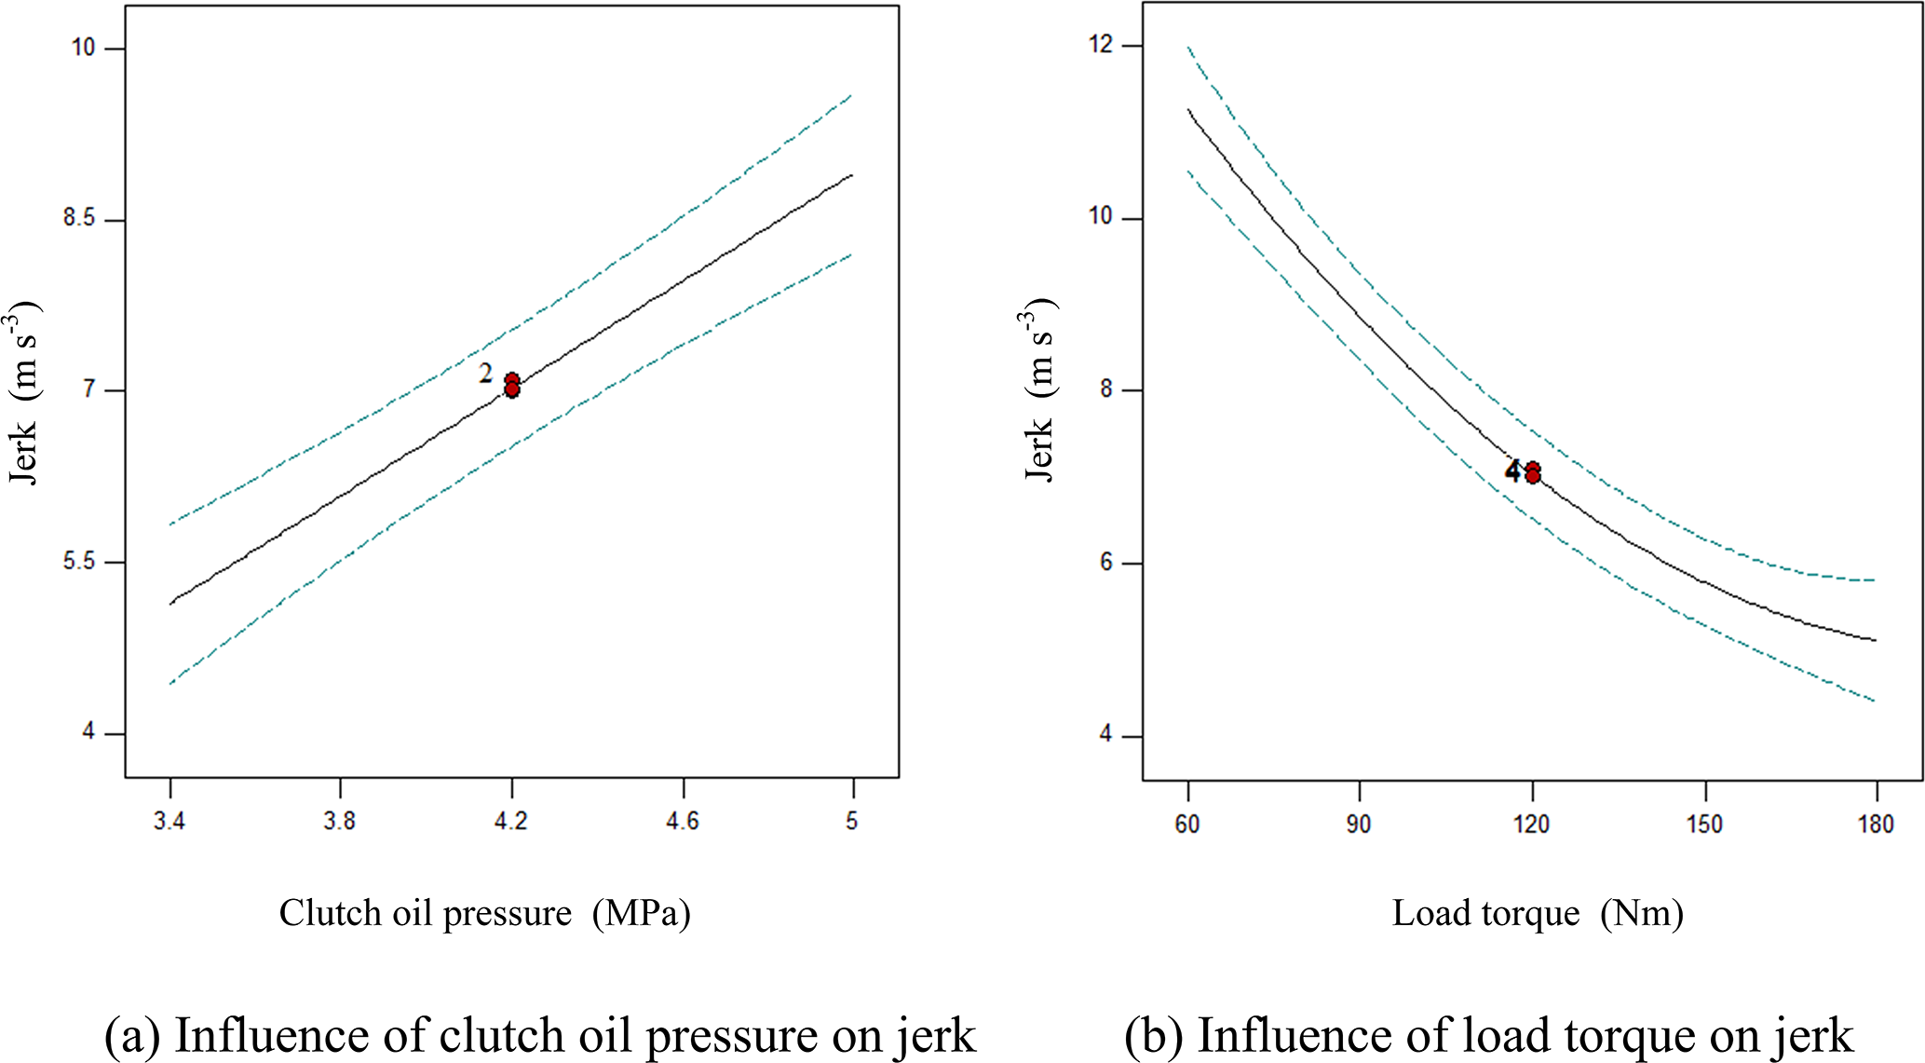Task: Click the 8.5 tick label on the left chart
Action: (79, 218)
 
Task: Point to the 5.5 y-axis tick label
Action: (79, 561)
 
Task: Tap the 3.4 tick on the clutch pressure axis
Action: (169, 821)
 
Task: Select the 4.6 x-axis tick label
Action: (683, 821)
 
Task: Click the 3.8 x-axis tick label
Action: (340, 821)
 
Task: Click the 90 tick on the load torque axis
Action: (1359, 825)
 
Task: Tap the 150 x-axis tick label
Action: (1704, 825)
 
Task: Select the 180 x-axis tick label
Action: (1876, 825)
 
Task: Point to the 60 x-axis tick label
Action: (1187, 825)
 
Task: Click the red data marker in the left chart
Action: (511, 385)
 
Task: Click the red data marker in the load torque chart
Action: (1532, 472)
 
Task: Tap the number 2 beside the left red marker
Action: (485, 374)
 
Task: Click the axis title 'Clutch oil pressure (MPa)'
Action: (484, 913)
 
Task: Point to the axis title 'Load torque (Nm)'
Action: (1538, 913)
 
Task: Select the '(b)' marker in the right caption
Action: (1155, 1036)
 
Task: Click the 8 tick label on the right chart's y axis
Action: (1106, 389)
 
